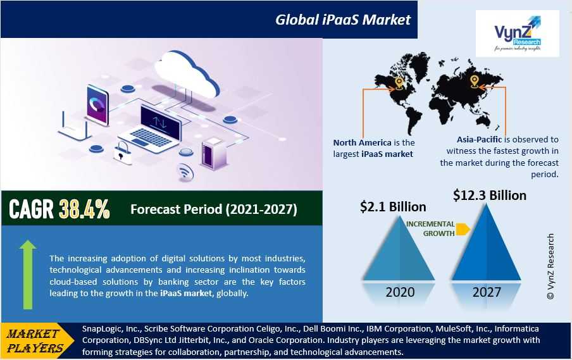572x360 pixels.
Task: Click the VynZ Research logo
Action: click(518, 34)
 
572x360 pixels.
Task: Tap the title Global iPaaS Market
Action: click(343, 20)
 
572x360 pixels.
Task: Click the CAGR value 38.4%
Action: click(84, 209)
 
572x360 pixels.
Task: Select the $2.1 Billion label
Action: click(393, 207)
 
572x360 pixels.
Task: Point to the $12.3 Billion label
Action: click(490, 195)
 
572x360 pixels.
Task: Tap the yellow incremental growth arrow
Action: click(463, 229)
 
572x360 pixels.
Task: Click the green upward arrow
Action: click(28, 275)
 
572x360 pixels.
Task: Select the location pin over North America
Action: click(399, 82)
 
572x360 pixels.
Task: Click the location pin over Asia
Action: click(474, 81)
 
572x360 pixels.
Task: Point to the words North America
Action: click(362, 142)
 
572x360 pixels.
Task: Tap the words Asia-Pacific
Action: click(479, 139)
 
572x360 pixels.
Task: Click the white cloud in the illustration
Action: click(186, 75)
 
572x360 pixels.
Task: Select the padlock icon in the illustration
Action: click(123, 152)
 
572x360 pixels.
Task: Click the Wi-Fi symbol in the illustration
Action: click(185, 171)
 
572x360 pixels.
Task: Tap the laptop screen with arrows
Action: click(161, 123)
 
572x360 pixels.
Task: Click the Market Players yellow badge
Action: click(35, 340)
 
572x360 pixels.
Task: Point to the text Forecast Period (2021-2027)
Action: click(214, 209)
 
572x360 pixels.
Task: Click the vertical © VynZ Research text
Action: click(550, 266)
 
